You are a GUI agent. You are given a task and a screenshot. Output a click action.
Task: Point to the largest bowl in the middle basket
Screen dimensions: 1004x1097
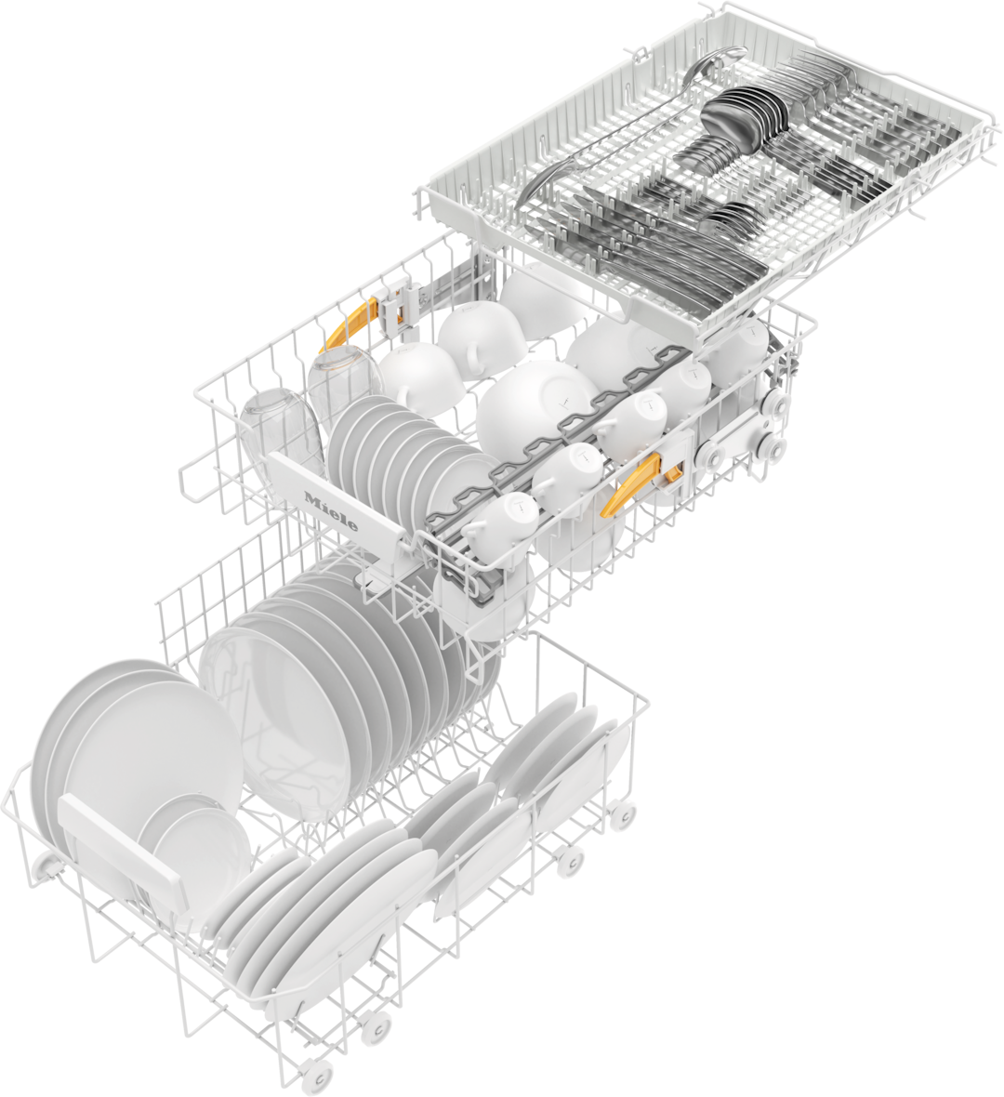click(535, 405)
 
